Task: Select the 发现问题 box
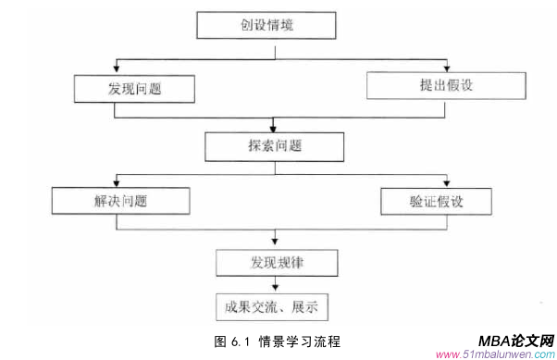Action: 135,88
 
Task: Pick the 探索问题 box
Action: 274,145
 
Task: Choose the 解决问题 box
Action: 120,202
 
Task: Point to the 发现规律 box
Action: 274,263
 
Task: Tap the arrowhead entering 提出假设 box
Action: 447,68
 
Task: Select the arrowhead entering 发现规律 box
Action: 274,245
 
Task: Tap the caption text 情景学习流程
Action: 299,341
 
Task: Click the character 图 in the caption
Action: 218,341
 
